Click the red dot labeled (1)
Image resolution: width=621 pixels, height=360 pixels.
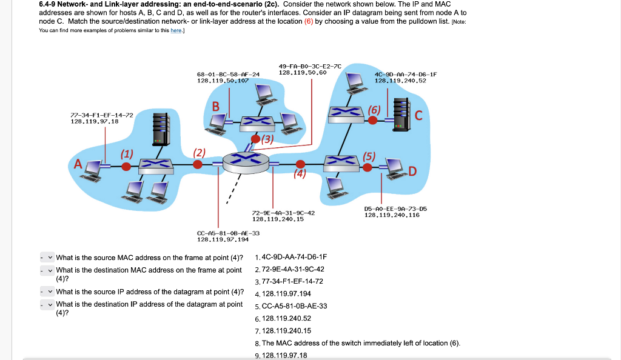point(126,165)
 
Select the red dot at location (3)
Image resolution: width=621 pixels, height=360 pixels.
point(256,139)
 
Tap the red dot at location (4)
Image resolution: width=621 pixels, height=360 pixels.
point(300,164)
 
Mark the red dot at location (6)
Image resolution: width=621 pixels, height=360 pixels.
point(374,120)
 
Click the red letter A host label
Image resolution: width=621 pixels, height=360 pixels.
point(77,164)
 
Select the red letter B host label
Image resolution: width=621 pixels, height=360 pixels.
point(215,107)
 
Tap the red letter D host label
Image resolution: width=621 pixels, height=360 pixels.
point(412,172)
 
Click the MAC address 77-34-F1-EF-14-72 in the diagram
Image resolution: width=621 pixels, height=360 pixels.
point(102,114)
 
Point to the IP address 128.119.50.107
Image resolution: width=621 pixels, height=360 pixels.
point(223,80)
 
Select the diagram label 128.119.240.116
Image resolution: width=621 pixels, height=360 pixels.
point(392,215)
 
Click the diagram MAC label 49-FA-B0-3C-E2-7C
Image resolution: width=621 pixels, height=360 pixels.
point(310,66)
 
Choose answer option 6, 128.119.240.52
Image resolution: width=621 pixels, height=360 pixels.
point(285,318)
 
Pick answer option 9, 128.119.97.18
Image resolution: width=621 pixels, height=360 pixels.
point(283,355)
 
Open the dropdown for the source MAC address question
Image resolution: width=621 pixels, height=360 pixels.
point(47,257)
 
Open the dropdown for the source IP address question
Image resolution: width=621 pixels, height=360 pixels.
point(47,292)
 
